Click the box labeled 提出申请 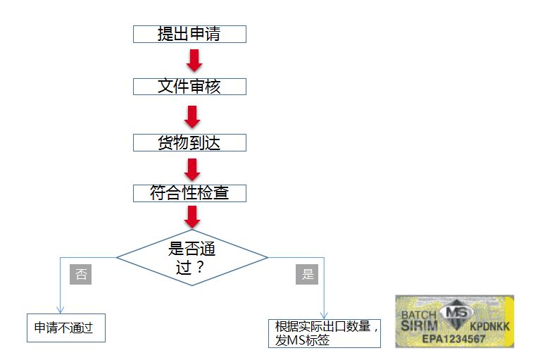(x=189, y=34)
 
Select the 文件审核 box (x=189, y=87)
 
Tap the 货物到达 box (x=189, y=142)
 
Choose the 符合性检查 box (x=189, y=193)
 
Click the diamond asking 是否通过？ (x=192, y=257)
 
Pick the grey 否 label (x=81, y=274)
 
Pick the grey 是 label (x=308, y=274)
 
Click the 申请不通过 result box (x=65, y=328)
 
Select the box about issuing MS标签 (x=324, y=333)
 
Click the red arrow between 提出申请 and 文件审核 (x=194, y=60)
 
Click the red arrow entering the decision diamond (x=192, y=216)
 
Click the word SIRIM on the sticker (x=420, y=326)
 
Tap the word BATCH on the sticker (x=420, y=314)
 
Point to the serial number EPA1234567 (x=454, y=340)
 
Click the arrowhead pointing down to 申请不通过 (x=60, y=310)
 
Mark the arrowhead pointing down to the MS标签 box (x=325, y=316)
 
